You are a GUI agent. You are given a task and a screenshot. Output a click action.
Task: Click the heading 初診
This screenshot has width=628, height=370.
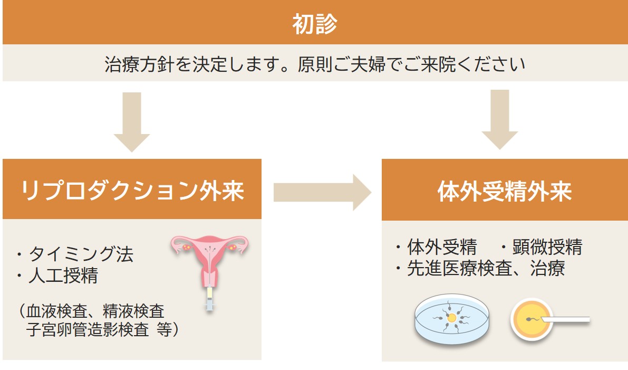point(314,24)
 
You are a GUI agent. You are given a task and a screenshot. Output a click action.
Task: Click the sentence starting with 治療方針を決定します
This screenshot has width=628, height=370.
point(315,64)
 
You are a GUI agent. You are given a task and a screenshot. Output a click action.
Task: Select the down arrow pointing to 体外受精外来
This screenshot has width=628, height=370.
point(499,119)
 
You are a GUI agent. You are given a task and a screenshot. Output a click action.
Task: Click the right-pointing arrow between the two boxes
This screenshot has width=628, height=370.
point(322,192)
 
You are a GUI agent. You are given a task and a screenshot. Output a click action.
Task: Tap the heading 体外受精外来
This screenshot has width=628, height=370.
point(505,192)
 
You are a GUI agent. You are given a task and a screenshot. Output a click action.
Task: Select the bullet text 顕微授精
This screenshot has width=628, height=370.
point(546,246)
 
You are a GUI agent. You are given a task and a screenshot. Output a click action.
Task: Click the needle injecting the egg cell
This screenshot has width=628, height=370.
point(567,319)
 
